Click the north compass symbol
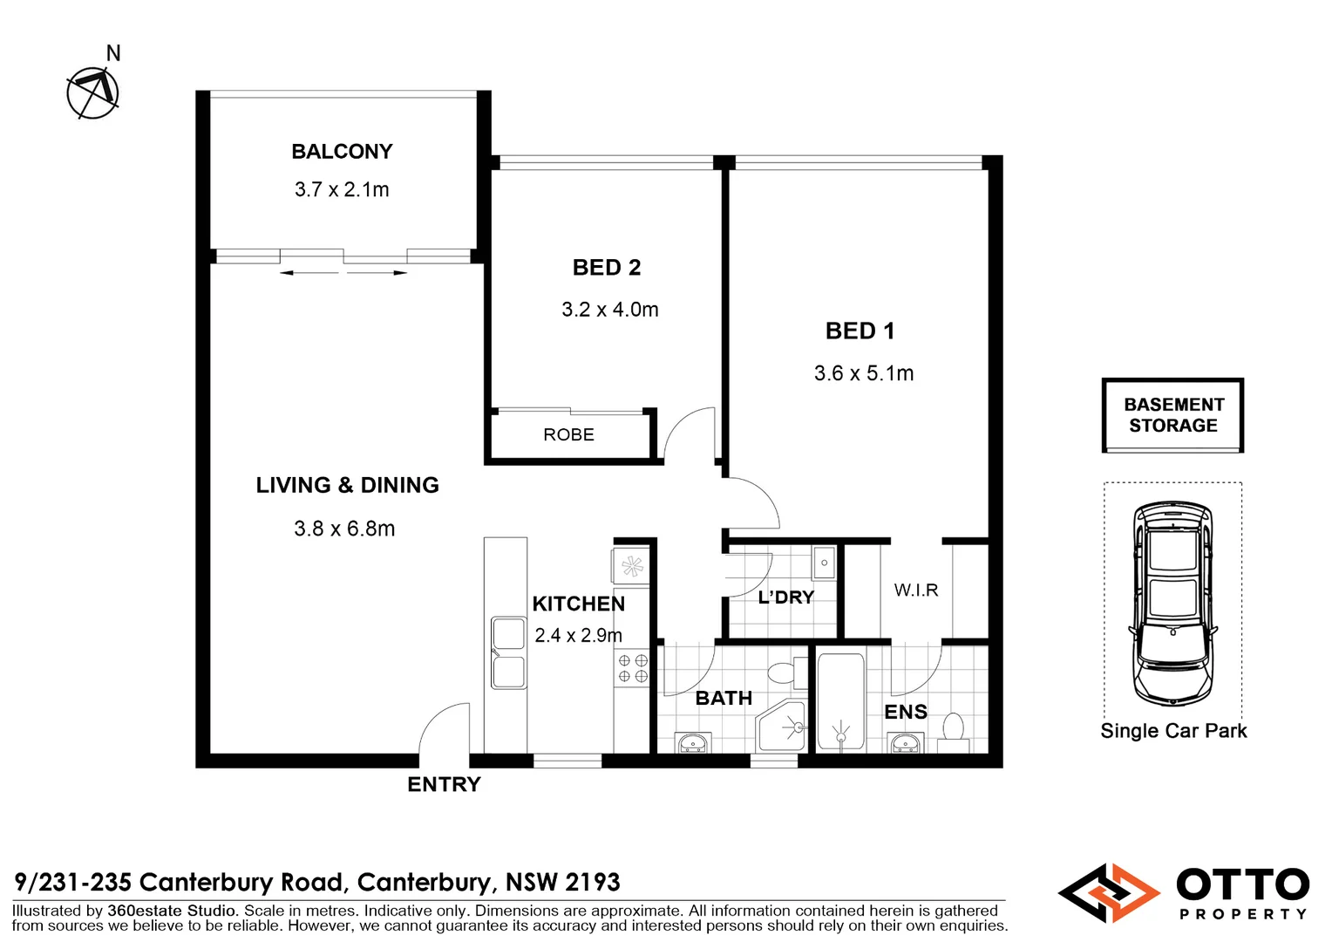click(92, 92)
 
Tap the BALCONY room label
click(342, 152)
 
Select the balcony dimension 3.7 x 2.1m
click(342, 189)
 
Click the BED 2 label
click(607, 268)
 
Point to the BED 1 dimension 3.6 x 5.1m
click(864, 373)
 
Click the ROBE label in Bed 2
click(568, 434)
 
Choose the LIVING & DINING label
click(347, 485)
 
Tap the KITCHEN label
click(579, 604)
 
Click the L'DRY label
click(785, 597)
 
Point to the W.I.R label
click(916, 590)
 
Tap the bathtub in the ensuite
click(840, 701)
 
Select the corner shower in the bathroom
click(782, 726)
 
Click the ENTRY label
click(444, 785)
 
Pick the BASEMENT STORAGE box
click(1172, 415)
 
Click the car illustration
click(1172, 604)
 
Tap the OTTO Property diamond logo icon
click(1109, 893)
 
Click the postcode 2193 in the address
click(591, 883)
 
